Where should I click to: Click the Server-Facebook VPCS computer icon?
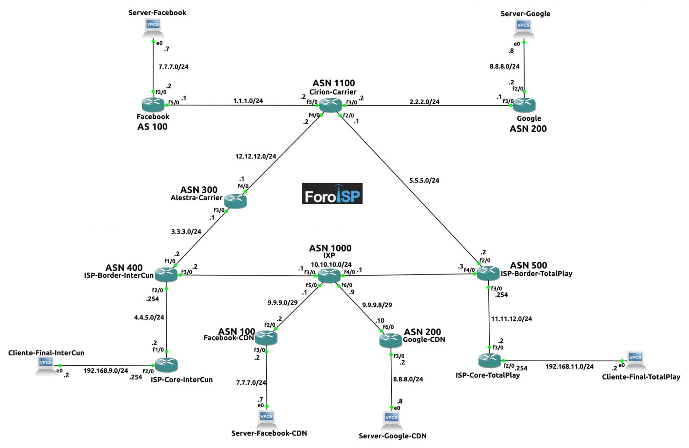153,27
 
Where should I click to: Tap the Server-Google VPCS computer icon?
524,28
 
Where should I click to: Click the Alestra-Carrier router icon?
235,201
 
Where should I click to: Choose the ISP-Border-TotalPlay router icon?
488,274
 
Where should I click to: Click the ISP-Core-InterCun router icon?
166,364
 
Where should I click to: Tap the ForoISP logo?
332,194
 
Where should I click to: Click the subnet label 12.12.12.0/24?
255,156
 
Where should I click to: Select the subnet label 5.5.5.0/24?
424,180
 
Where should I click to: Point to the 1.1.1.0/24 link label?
248,101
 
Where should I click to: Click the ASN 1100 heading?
333,83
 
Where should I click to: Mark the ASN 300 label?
198,190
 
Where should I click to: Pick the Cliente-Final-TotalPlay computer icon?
635,360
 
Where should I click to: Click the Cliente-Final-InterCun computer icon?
46,365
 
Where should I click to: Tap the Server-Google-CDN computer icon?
391,420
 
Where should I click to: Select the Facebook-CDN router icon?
266,338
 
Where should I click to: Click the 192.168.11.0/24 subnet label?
569,366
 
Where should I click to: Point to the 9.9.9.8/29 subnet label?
377,305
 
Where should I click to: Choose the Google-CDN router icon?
390,340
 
